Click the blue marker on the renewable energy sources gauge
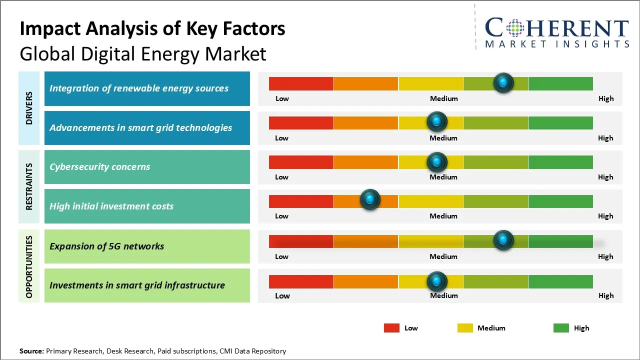[x=503, y=82]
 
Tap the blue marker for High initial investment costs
[x=370, y=200]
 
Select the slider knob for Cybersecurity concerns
[x=437, y=162]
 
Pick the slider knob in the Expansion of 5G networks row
[x=503, y=240]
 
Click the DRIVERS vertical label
[x=29, y=108]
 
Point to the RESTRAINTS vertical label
[x=29, y=186]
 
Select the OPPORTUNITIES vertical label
[x=29, y=266]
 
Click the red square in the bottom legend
[x=391, y=328]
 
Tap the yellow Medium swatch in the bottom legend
[x=465, y=328]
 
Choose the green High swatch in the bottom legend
[x=561, y=328]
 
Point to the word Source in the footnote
[x=31, y=351]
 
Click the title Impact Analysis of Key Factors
[x=152, y=29]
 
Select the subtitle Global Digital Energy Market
[x=143, y=54]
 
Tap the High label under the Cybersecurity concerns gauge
[x=605, y=177]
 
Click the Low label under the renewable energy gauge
[x=282, y=98]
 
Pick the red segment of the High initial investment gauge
[x=301, y=201]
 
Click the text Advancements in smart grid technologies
[x=140, y=127]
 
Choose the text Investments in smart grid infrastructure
[x=137, y=285]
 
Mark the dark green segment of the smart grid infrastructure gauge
[x=560, y=281]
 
